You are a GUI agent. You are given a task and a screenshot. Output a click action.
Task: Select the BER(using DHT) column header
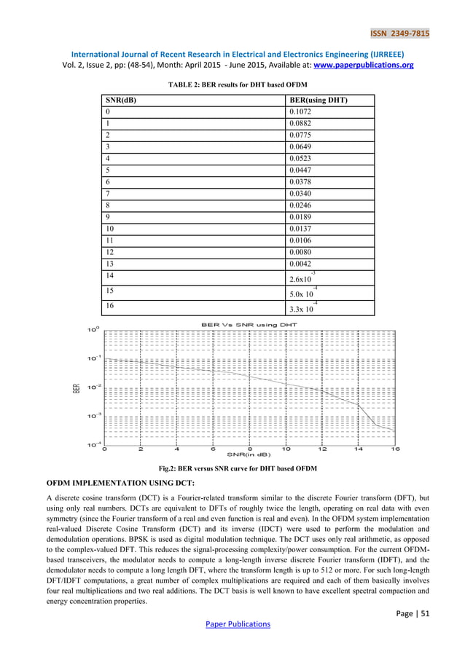pyautogui.click(x=318, y=100)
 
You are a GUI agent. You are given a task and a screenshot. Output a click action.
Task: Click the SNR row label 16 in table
pyautogui.click(x=110, y=306)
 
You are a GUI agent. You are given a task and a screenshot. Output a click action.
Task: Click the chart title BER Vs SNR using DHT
pyautogui.click(x=249, y=323)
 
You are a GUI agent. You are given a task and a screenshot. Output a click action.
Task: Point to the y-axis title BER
pyautogui.click(x=75, y=388)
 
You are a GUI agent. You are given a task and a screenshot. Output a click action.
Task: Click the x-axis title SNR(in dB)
pyautogui.click(x=249, y=456)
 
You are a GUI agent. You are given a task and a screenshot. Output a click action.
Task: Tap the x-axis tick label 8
pyautogui.click(x=250, y=449)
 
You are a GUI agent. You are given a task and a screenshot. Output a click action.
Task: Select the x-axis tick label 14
pyautogui.click(x=359, y=449)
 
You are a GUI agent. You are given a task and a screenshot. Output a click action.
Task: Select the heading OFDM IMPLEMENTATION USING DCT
pyautogui.click(x=120, y=483)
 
